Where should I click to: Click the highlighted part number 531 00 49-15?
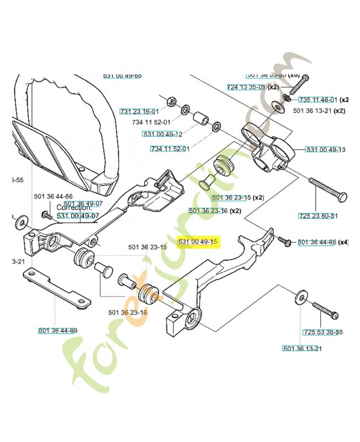[198, 243]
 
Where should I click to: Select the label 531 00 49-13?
[325, 150]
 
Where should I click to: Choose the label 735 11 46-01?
[317, 100]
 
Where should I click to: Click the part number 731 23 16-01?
[139, 111]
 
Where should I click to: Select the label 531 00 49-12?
[162, 134]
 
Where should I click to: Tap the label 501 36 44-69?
[58, 330]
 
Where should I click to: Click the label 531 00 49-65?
[123, 76]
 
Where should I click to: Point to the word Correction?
[73, 208]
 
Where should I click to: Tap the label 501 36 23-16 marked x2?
[208, 211]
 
